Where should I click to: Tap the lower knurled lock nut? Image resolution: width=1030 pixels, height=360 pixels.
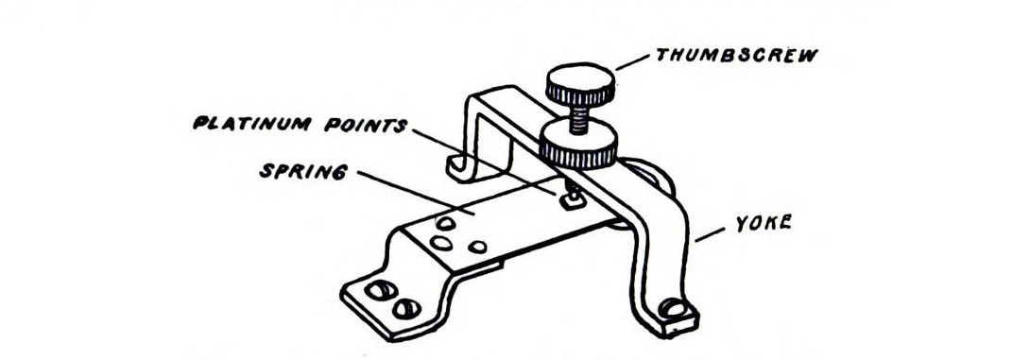[578, 147]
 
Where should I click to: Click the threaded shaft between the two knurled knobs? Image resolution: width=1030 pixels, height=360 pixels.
[575, 117]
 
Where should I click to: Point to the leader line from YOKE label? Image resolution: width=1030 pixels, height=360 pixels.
[712, 233]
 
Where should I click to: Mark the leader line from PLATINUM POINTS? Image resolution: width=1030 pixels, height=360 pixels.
[482, 157]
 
